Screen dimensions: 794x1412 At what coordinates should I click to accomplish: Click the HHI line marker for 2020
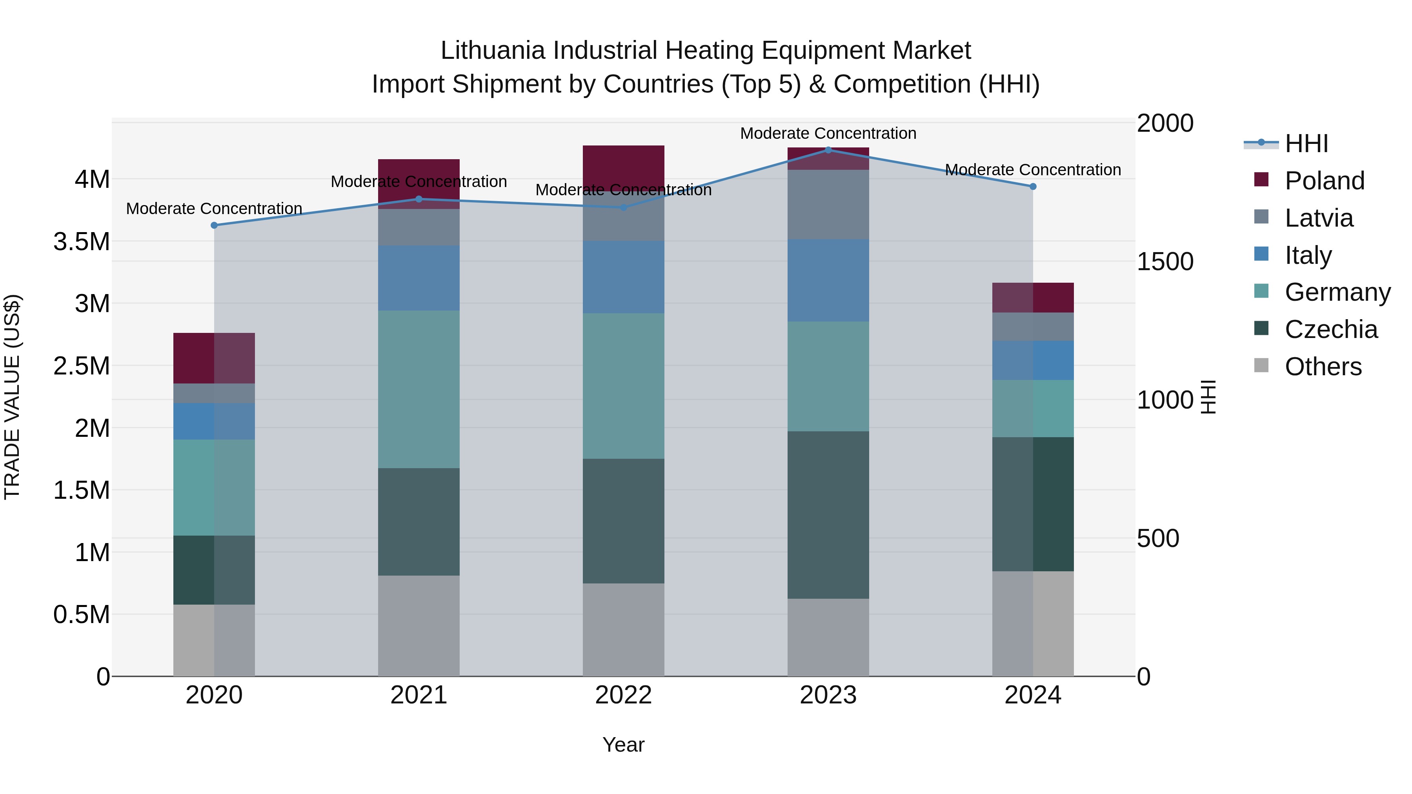[214, 225]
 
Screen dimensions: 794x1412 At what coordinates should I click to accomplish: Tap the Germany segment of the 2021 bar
[419, 389]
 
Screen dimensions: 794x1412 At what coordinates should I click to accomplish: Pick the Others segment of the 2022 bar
[623, 630]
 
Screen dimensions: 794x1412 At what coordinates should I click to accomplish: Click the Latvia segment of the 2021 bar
[419, 227]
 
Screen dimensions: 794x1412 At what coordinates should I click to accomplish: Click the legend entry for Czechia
[1330, 329]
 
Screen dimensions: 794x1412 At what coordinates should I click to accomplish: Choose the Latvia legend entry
[1318, 218]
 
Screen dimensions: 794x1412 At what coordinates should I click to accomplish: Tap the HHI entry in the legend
[1306, 144]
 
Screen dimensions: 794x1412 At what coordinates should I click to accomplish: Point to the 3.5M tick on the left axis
[82, 242]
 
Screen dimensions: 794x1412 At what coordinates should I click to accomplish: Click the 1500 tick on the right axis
[1165, 262]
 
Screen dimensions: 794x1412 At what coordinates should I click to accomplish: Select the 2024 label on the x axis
[1033, 695]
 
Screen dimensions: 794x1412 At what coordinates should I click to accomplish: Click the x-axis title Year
[623, 745]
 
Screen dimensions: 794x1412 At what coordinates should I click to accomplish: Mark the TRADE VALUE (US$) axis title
[12, 397]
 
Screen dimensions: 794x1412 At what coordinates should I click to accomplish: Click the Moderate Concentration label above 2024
[1033, 170]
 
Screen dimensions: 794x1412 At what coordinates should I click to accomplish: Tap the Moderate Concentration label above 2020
[214, 209]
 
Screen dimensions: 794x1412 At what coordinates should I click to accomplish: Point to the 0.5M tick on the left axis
[82, 615]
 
